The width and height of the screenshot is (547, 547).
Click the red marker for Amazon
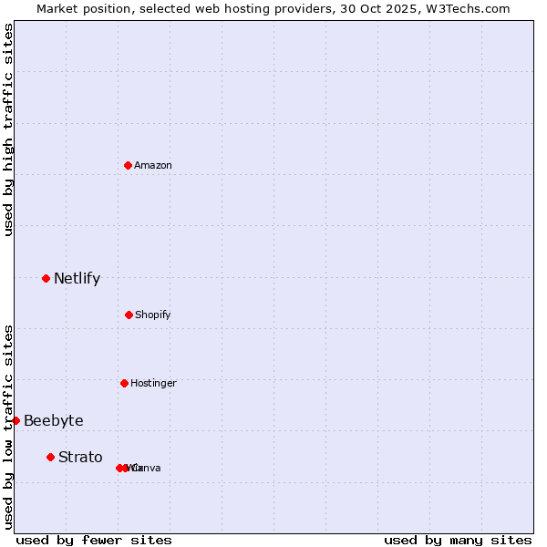[128, 165]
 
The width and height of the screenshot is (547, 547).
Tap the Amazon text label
[152, 165]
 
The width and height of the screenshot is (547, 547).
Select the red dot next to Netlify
[46, 278]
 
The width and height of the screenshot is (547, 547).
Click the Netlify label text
[77, 279]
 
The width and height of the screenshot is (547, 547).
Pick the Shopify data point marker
[129, 315]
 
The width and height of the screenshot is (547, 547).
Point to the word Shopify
[152, 315]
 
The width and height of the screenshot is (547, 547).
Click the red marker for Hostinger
[124, 383]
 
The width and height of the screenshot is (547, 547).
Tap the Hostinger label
[153, 383]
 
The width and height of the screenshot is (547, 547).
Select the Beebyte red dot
[15, 420]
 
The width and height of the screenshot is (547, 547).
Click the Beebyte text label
[53, 420]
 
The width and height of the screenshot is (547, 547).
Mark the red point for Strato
[50, 457]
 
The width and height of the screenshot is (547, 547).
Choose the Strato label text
[80, 458]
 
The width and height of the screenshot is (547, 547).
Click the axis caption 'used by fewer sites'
[94, 540]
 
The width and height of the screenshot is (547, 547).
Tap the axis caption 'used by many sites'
[458, 540]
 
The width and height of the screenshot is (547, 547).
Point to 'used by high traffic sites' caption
[8, 129]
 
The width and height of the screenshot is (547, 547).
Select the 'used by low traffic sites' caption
[8, 427]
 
